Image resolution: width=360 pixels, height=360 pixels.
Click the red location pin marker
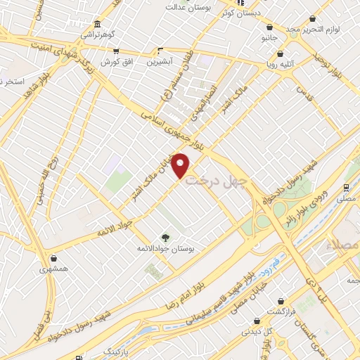point(181,165)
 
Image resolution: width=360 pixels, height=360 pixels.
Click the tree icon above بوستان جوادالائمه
point(166,238)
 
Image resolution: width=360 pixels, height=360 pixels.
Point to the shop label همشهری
point(53,269)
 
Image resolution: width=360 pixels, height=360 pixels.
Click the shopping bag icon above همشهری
point(54,258)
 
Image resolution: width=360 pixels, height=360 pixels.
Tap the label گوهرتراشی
point(96,34)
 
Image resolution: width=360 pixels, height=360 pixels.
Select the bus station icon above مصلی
point(346,188)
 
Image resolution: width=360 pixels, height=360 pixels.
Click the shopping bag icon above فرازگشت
point(282,301)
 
